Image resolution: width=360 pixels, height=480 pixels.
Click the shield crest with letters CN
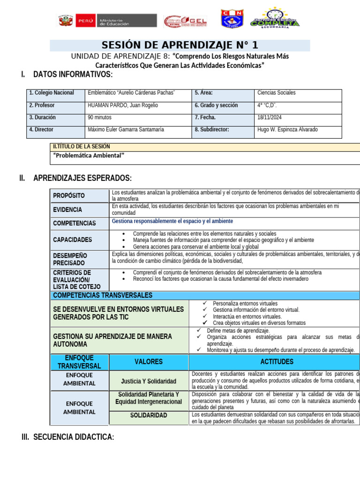pos(232,19)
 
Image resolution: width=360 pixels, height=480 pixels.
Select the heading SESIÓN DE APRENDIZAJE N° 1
pos(180,45)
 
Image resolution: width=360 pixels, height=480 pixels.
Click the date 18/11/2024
pos(270,118)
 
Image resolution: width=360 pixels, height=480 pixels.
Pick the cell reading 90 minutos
pos(100,118)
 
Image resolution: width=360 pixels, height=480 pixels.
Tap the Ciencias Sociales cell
pos(277,93)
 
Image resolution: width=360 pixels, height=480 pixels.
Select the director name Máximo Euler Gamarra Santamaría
pos(126,130)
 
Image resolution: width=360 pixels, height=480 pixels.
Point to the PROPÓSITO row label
pos(69,195)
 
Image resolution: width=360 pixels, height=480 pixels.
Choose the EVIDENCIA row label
pos(67,210)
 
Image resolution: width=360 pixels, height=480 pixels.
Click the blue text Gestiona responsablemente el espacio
pos(172,221)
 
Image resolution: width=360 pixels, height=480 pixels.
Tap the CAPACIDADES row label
pos(73,240)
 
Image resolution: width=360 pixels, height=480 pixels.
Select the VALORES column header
pos(149,361)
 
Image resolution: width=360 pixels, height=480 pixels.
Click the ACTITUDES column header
pos(277,361)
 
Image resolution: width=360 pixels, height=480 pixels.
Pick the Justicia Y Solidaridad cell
pos(149,381)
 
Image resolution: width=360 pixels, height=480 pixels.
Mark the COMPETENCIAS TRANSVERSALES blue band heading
pos(103,295)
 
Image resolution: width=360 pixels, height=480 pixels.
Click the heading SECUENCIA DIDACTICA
pos(73,437)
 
